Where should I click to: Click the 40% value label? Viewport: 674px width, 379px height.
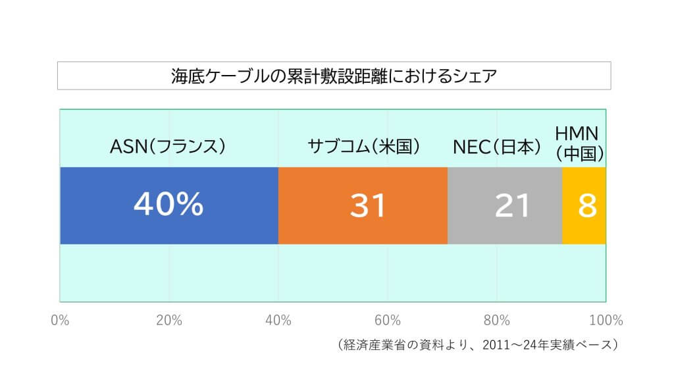pyautogui.click(x=168, y=205)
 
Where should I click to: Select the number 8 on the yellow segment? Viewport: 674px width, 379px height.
pyautogui.click(x=587, y=206)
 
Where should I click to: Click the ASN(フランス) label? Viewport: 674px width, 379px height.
pyautogui.click(x=168, y=146)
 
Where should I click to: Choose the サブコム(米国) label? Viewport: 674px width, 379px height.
pyautogui.click(x=364, y=146)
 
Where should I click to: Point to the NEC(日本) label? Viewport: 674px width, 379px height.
pyautogui.click(x=497, y=146)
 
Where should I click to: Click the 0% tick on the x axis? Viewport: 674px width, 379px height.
pyautogui.click(x=60, y=320)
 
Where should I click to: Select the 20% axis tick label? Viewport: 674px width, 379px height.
pyautogui.click(x=169, y=320)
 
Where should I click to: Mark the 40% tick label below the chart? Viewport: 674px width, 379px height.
pyautogui.click(x=278, y=320)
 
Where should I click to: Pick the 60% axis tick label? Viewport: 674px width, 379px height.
pyautogui.click(x=388, y=320)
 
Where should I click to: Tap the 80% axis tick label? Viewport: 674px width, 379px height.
pyautogui.click(x=497, y=320)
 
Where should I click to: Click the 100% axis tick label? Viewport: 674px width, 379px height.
pyautogui.click(x=606, y=320)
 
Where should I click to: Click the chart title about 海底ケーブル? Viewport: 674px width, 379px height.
pyautogui.click(x=334, y=76)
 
